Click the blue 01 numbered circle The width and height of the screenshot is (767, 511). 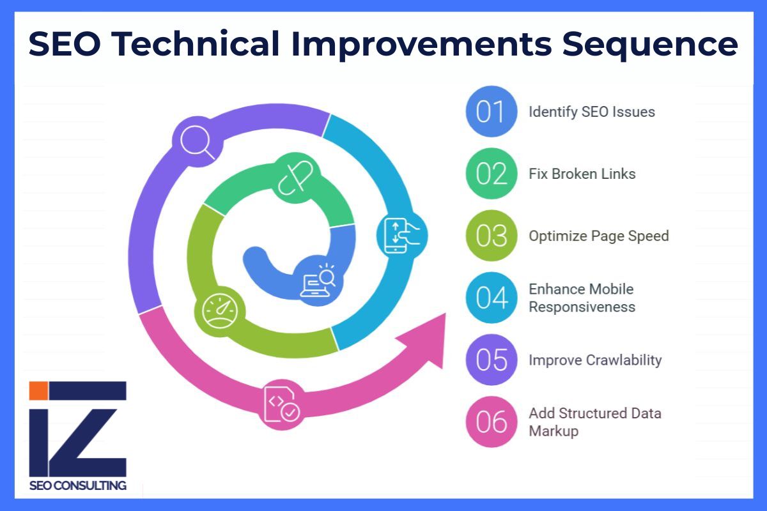(x=492, y=112)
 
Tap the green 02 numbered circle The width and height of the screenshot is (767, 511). (x=492, y=174)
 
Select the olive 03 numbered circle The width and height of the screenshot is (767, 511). (x=492, y=236)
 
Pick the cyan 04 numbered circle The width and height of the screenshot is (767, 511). (x=492, y=298)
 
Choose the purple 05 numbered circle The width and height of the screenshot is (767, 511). (x=492, y=360)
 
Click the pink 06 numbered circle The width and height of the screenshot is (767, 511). (x=492, y=422)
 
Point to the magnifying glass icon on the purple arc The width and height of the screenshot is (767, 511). (x=198, y=142)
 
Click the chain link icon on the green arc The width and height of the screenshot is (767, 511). (x=295, y=178)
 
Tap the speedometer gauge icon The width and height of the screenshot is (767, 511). (x=220, y=311)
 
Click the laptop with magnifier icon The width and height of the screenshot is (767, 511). (x=318, y=280)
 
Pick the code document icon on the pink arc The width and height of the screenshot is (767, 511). (x=282, y=404)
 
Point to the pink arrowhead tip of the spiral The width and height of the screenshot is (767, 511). (x=446, y=313)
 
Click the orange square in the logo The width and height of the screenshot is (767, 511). (x=38, y=390)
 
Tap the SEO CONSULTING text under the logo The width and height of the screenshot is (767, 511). (x=78, y=485)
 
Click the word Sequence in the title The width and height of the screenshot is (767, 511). (x=650, y=45)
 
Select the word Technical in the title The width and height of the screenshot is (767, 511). (x=196, y=43)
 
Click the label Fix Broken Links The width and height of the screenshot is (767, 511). (x=582, y=174)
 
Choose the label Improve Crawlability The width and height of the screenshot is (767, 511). (x=595, y=360)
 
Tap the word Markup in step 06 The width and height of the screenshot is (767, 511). (x=554, y=431)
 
